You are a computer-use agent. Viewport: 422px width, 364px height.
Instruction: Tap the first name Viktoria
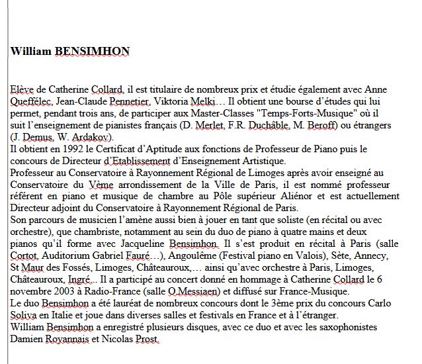[x=173, y=101]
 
